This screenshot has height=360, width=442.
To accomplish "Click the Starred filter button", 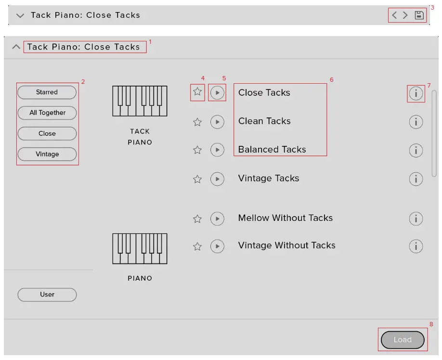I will pos(47,92).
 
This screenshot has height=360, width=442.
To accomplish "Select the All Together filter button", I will pos(47,113).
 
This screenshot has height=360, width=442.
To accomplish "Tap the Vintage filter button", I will pos(47,154).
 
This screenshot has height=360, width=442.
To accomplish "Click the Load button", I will pos(403,340).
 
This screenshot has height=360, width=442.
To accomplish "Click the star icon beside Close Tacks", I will pos(197,92).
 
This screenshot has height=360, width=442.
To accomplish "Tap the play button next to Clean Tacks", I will pos(218,122).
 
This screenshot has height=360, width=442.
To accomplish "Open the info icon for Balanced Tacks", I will pos(416,150).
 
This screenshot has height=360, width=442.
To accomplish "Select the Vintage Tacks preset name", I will pos(269,179).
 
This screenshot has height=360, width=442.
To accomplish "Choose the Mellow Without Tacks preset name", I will pos(286,218).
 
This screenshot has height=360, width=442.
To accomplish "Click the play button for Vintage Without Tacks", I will pos(218,246).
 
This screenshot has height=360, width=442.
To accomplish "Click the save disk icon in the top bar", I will pos(419,15).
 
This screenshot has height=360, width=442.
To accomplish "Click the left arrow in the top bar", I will pos(394,15).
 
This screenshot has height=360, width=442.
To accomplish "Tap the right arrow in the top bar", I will pos(405,15).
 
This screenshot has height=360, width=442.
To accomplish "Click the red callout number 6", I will pos(331,79).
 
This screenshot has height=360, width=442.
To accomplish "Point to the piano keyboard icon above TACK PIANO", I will pos(140,101).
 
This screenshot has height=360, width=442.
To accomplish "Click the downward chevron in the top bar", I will pos(20,15).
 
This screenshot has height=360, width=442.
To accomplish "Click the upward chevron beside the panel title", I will pos(16,47).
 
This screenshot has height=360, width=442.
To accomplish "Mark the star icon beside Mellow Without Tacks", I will pos(197,219).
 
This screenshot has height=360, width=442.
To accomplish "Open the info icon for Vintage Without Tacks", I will pos(416,246).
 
